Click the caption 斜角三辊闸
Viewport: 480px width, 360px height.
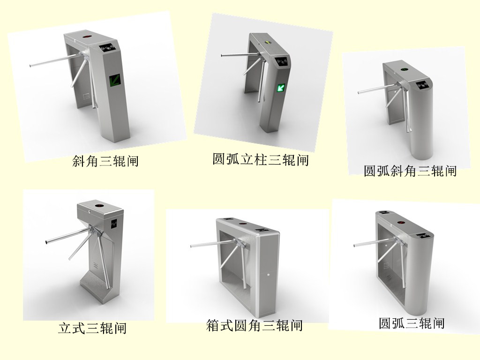coord(105,161)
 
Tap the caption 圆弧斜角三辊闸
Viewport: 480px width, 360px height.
coord(410,171)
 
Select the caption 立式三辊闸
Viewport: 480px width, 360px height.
coord(92,327)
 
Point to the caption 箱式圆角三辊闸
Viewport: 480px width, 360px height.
coord(255,325)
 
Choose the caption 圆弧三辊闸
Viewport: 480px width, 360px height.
coord(412,323)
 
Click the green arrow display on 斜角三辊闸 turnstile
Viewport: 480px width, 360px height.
coord(115,82)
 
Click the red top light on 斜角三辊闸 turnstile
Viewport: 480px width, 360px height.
coord(88,37)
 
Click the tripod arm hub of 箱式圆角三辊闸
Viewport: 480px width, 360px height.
coord(240,244)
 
